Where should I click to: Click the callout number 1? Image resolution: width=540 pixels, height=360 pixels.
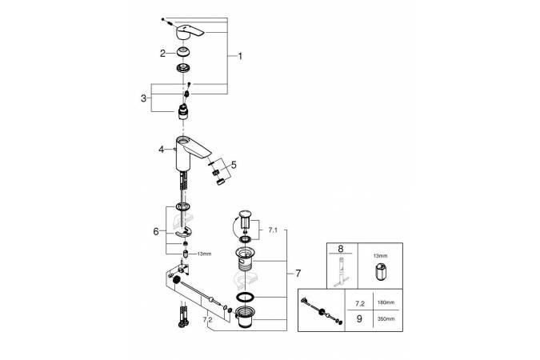(x=239, y=56)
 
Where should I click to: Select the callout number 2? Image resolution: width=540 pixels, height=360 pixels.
(x=162, y=53)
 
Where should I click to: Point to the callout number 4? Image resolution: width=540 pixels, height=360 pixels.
(x=161, y=149)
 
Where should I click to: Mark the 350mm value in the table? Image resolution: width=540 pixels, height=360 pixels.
(x=386, y=318)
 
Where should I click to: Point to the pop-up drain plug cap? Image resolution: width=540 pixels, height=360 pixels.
(x=246, y=215)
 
